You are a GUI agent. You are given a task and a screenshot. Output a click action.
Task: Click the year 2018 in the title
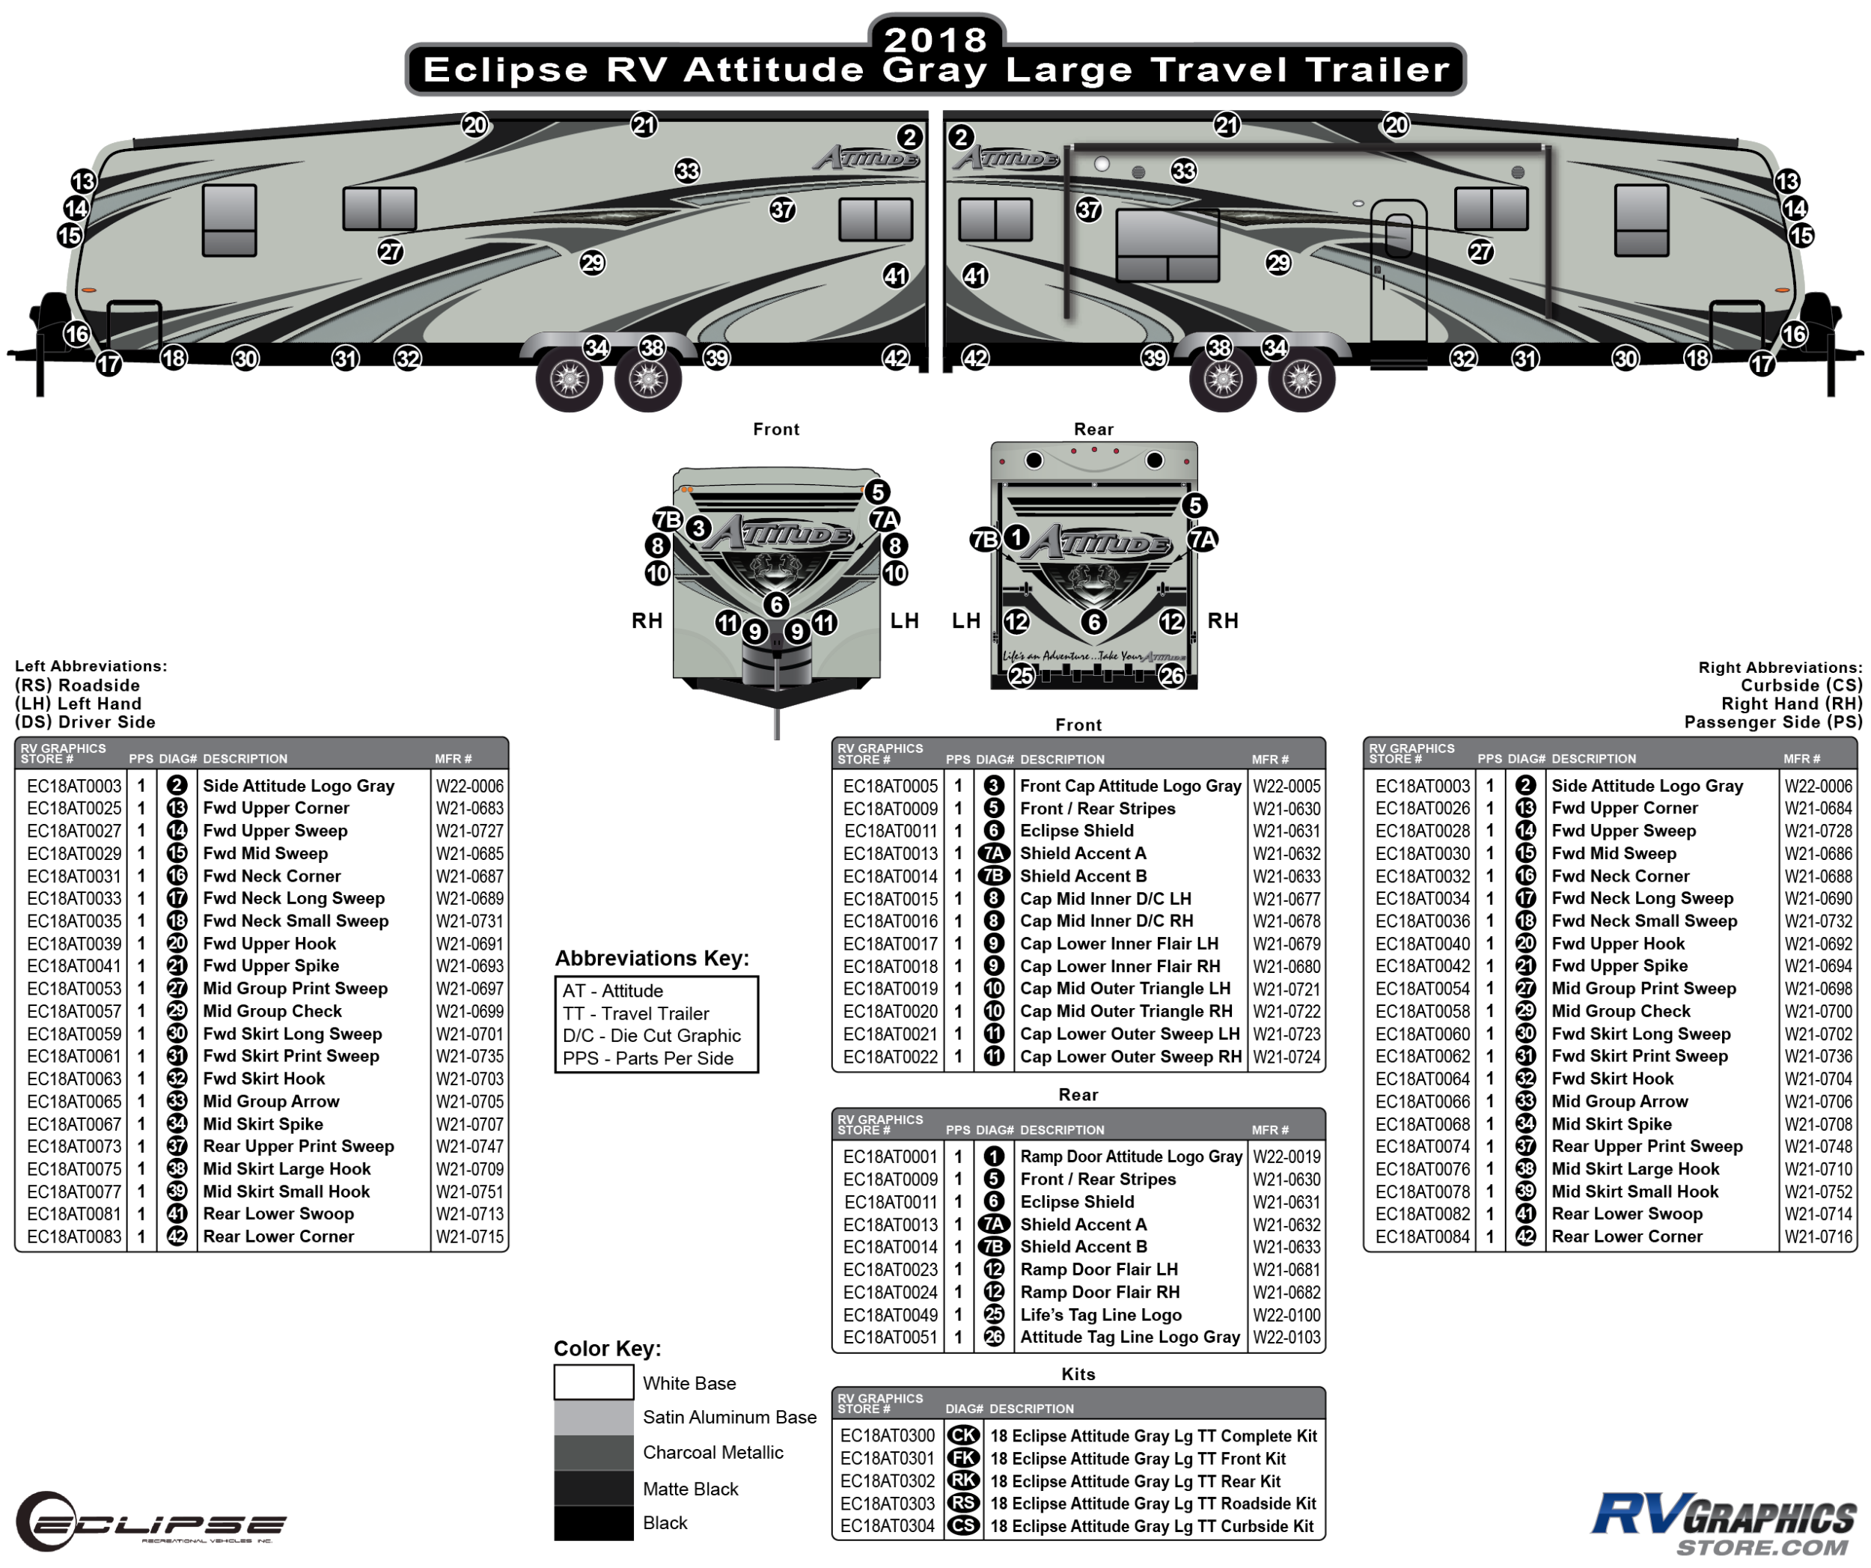(935, 38)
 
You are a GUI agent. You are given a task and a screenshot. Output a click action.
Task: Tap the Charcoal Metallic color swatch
(593, 1453)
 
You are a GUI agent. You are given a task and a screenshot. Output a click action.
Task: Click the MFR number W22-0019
(1286, 1157)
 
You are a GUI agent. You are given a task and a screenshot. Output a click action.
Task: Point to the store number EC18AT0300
(888, 1436)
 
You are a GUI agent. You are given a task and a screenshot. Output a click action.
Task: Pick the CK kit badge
(963, 1436)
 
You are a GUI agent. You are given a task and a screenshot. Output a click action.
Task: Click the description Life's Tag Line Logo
(1101, 1315)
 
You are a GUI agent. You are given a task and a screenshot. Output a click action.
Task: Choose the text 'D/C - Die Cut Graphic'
(651, 1036)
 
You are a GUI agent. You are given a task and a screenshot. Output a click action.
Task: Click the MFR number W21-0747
(469, 1147)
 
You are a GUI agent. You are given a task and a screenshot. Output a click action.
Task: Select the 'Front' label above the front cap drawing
(776, 430)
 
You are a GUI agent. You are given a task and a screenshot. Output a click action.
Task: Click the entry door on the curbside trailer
(1398, 276)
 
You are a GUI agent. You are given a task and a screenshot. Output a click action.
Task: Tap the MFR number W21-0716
(1819, 1236)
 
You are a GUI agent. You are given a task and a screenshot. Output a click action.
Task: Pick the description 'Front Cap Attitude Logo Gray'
(1131, 786)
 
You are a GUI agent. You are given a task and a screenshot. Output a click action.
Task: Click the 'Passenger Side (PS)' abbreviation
(1773, 722)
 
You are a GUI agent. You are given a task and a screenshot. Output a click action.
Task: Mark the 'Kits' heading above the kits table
(1078, 1374)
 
